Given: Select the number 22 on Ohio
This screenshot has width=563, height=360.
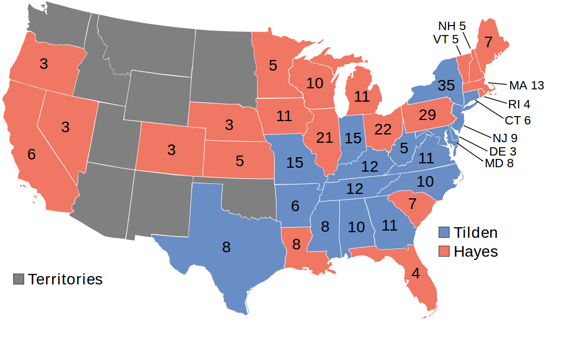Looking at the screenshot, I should pyautogui.click(x=383, y=129).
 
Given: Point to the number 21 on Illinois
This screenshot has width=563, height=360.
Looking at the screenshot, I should pyautogui.click(x=324, y=138).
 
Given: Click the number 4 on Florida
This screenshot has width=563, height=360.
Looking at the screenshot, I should pyautogui.click(x=416, y=274).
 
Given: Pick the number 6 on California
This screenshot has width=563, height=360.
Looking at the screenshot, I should pyautogui.click(x=32, y=155).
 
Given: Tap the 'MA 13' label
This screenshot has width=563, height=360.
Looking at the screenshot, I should pyautogui.click(x=526, y=86).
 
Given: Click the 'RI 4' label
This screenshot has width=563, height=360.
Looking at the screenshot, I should pyautogui.click(x=519, y=103).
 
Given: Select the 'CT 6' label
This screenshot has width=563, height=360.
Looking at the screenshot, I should pyautogui.click(x=517, y=120).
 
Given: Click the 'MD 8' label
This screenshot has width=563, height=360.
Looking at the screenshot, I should pyautogui.click(x=499, y=163).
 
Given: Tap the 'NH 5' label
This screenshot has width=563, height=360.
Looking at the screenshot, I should pyautogui.click(x=452, y=26).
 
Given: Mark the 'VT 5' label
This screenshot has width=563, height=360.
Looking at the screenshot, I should pyautogui.click(x=446, y=39).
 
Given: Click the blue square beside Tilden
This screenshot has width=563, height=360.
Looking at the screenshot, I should pyautogui.click(x=444, y=233).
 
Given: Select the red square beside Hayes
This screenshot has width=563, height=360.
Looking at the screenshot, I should pyautogui.click(x=444, y=251).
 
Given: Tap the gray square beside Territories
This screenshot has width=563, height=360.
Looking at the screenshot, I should pyautogui.click(x=19, y=279).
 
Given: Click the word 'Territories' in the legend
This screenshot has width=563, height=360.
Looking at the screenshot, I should pyautogui.click(x=66, y=279).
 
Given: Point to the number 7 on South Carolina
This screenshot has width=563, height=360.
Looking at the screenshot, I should pyautogui.click(x=412, y=204).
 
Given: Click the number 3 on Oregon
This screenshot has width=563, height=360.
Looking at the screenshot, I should pyautogui.click(x=44, y=63).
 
